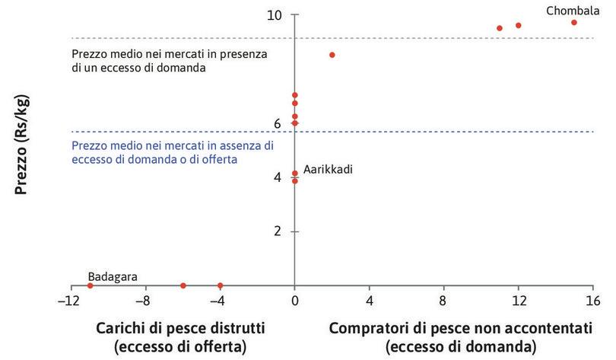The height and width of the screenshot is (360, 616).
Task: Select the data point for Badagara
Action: coord(90,285)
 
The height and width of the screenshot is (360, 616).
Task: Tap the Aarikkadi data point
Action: coord(295,174)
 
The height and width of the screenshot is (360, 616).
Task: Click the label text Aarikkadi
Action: coord(329,169)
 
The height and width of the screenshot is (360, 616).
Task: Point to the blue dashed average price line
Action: coord(456,132)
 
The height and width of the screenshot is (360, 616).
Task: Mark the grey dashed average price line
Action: coord(456,38)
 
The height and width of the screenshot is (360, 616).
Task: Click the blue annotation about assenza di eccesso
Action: coord(172,152)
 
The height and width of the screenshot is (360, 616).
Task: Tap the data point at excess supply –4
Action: coord(221,285)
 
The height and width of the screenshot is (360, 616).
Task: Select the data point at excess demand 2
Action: coord(332,55)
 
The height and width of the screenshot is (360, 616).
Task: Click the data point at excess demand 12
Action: coord(519,25)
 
